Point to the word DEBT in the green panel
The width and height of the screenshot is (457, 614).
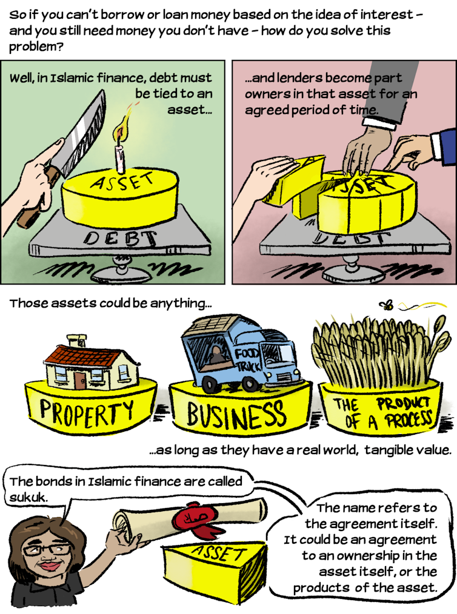pyautogui.click(x=121, y=239)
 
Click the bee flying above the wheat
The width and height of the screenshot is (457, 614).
pyautogui.click(x=387, y=305)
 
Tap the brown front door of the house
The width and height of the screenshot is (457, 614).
pyautogui.click(x=81, y=381)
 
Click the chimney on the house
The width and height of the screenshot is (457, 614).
pyautogui.click(x=76, y=340)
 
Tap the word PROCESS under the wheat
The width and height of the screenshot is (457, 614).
pyautogui.click(x=409, y=420)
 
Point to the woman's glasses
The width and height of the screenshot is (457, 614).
pyautogui.click(x=48, y=549)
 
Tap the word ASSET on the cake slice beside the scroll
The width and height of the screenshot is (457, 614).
pyautogui.click(x=218, y=553)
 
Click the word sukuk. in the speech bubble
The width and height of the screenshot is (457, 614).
pyautogui.click(x=28, y=497)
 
